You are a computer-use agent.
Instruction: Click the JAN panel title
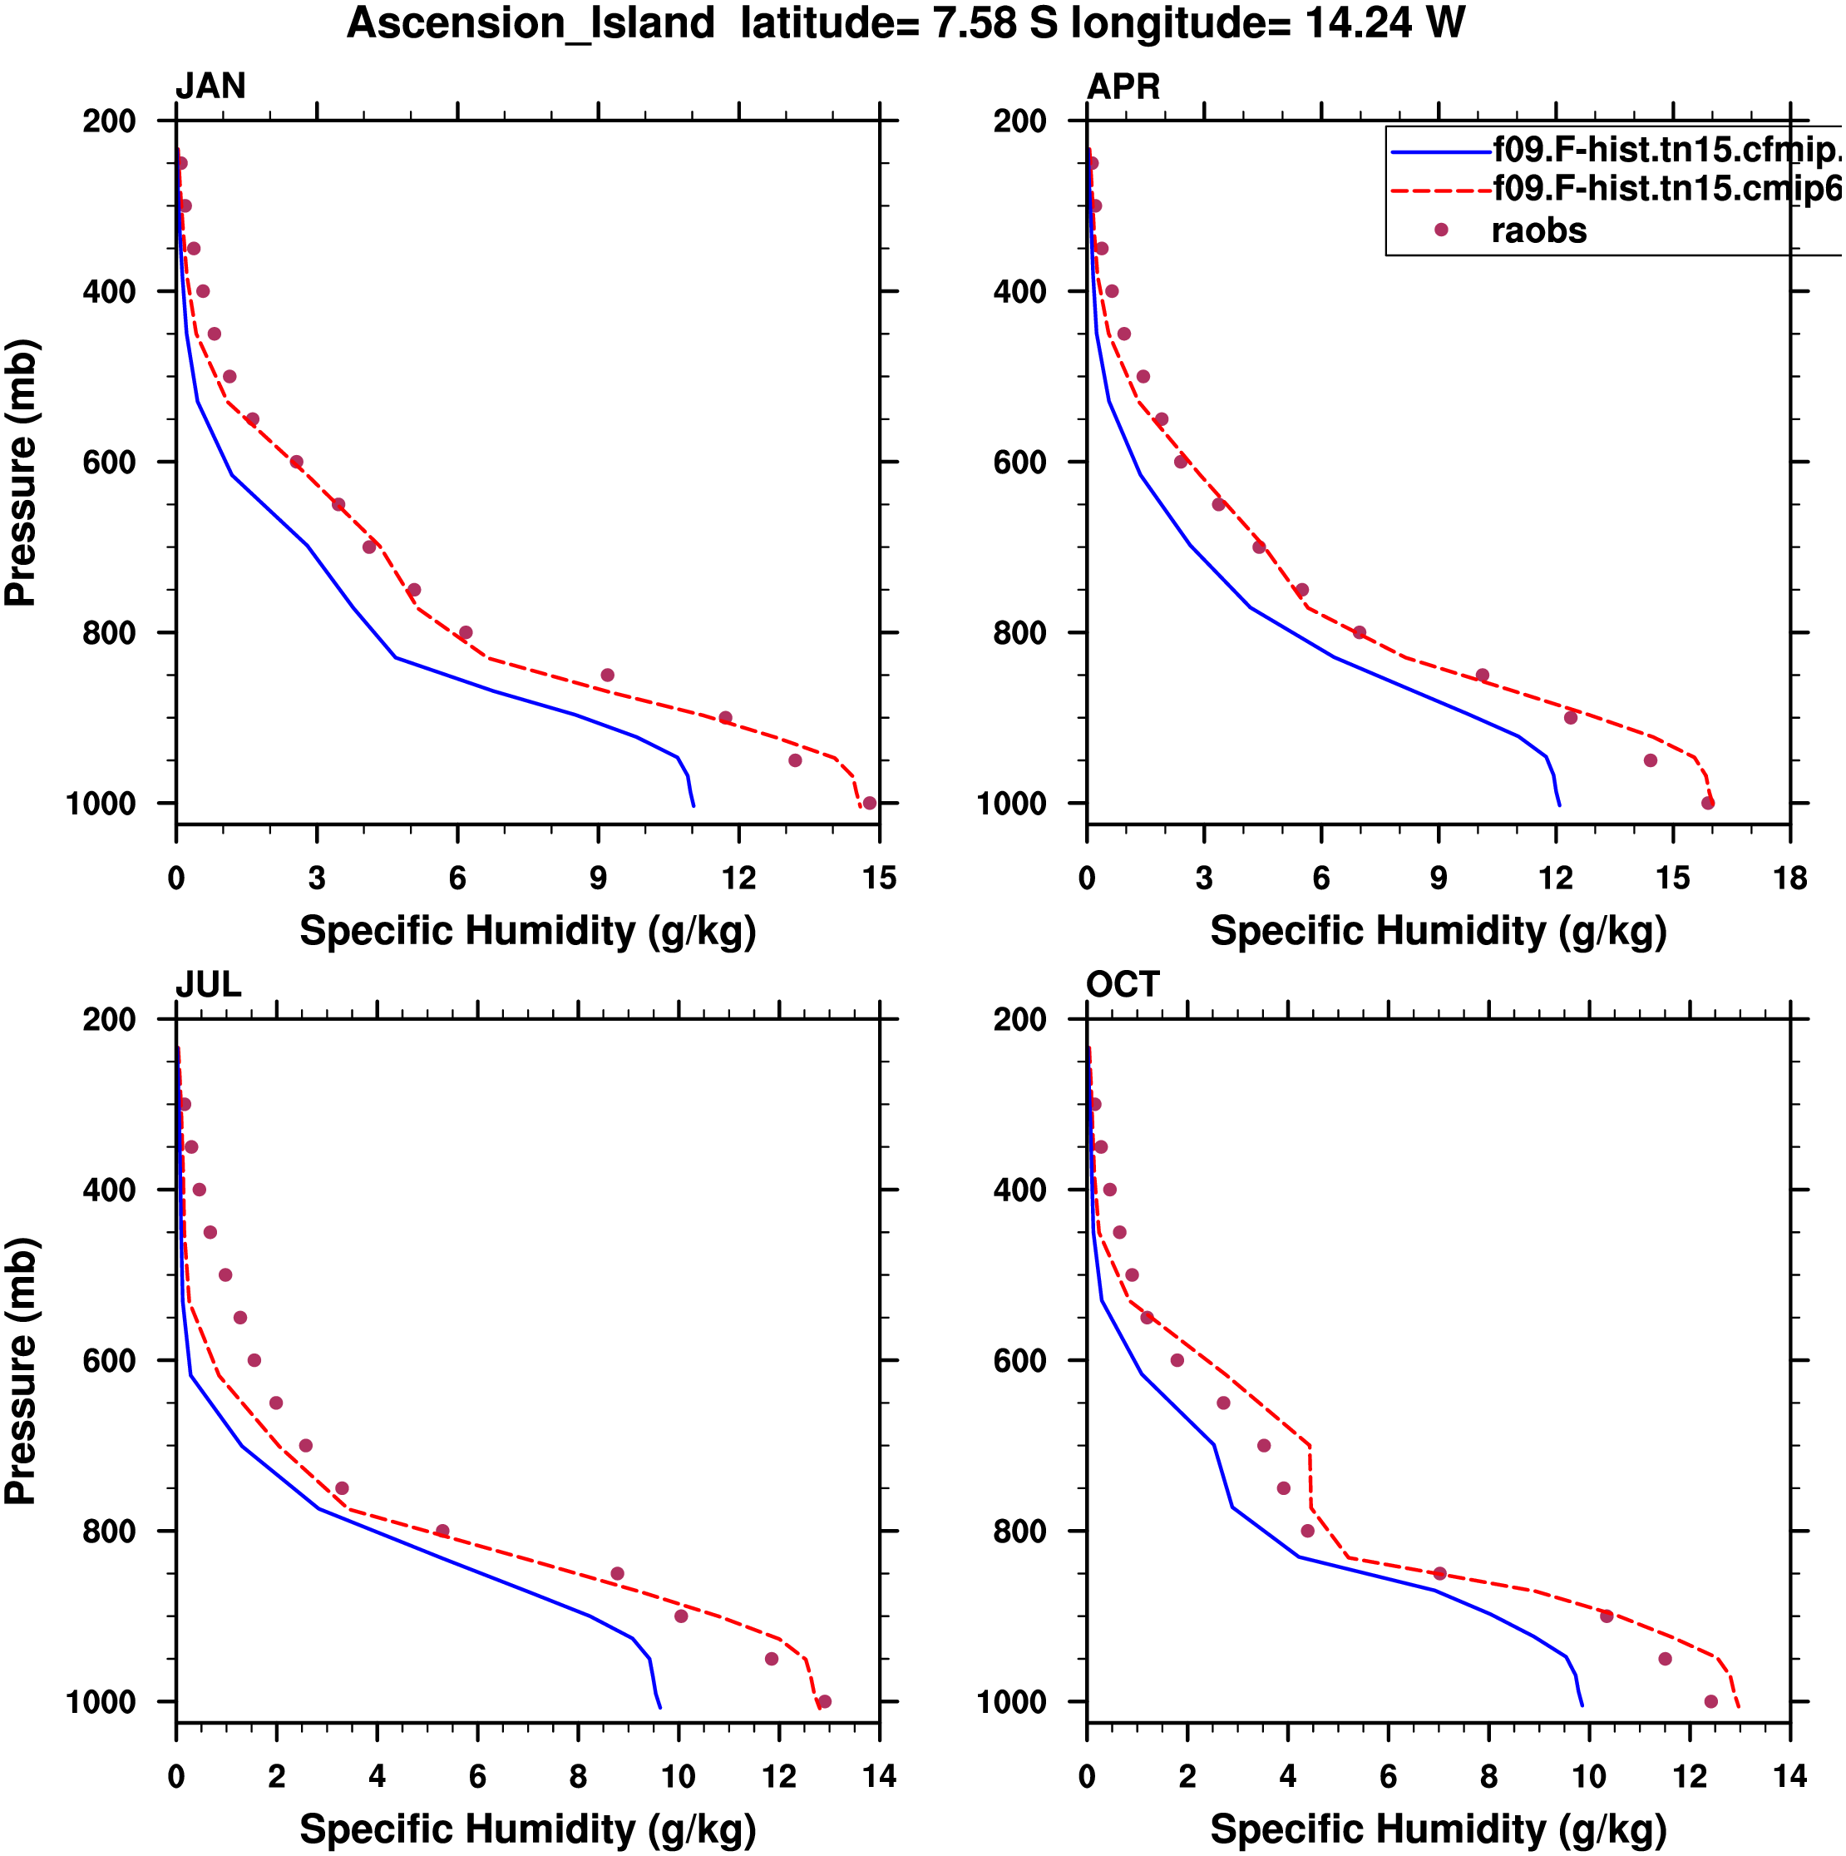coord(210,87)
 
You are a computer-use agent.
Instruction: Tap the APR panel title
coord(1123,87)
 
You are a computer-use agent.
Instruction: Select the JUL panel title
coord(207,985)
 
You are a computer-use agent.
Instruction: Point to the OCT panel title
coord(1123,985)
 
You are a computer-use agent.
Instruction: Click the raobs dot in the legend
coord(1441,230)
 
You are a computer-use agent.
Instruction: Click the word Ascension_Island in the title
coord(531,23)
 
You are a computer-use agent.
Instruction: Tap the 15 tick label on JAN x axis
coord(879,878)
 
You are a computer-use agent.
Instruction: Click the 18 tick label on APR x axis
coord(1790,878)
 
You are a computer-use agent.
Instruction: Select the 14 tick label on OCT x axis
coord(1790,1776)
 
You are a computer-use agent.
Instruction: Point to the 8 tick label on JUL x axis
coord(578,1776)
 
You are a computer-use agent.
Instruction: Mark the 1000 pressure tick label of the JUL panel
coord(101,1702)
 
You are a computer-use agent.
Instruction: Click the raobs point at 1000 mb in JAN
coord(869,803)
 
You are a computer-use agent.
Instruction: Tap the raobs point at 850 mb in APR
coord(1482,676)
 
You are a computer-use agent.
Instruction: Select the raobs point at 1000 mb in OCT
coord(1710,1701)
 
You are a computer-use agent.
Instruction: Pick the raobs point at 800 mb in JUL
coord(442,1532)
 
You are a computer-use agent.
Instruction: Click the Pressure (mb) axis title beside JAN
coord(20,472)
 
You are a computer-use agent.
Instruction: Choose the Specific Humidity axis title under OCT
coord(1438,1829)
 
